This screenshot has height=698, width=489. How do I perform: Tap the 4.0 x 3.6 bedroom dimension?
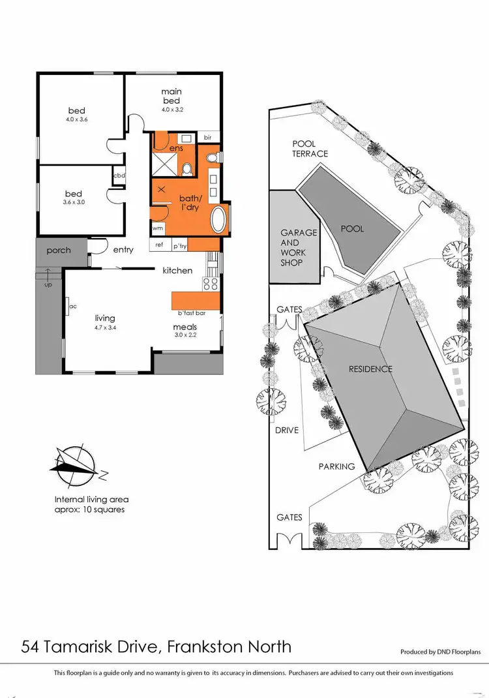tap(76, 120)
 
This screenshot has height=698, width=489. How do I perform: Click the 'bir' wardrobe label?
tap(208, 138)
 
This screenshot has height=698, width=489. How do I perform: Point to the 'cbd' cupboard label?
tap(119, 175)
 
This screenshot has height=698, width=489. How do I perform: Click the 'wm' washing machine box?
tap(157, 228)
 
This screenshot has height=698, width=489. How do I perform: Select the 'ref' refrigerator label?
tap(159, 246)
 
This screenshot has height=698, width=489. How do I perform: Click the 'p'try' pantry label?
tap(180, 246)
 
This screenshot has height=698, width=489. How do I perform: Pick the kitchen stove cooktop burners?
tap(211, 283)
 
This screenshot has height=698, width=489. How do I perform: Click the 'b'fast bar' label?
tap(192, 313)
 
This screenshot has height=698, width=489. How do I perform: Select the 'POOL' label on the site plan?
tap(352, 229)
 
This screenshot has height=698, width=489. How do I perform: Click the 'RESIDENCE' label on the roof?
tap(370, 369)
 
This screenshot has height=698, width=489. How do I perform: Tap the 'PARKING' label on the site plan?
tap(336, 466)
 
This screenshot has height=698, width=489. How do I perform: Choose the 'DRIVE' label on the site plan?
tap(286, 430)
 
